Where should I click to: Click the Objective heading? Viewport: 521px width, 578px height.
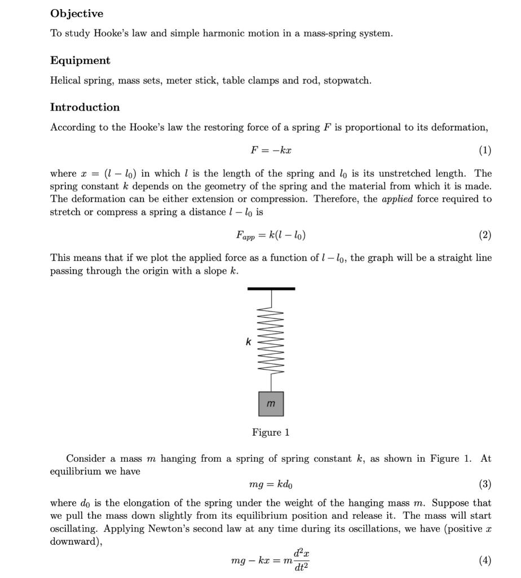pos(77,14)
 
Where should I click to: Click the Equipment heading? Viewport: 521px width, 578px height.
pos(80,60)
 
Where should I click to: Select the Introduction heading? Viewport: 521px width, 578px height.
pos(85,107)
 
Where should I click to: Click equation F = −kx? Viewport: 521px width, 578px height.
pos(271,151)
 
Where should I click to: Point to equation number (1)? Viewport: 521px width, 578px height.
pos(484,151)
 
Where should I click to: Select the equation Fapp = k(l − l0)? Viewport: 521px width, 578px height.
pos(271,235)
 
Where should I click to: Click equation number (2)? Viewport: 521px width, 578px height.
pos(484,235)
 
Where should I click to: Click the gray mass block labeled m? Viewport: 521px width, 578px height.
pos(271,404)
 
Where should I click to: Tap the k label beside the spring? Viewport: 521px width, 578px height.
pos(248,341)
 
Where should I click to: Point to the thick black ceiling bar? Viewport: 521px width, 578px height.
pos(271,288)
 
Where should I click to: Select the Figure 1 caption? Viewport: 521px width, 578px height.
pos(271,433)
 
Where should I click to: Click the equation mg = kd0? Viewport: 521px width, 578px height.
pos(271,485)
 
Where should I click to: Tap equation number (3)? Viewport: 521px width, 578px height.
pos(484,485)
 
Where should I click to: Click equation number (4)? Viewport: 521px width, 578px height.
pos(484,561)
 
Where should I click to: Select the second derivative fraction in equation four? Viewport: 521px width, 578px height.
pos(301,561)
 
